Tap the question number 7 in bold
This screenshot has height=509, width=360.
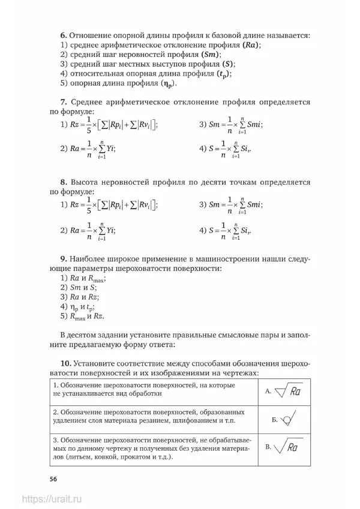click(63, 102)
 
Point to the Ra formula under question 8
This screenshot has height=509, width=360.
click(93, 230)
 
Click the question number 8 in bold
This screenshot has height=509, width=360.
click(63, 181)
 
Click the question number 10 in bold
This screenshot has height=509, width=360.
click(65, 363)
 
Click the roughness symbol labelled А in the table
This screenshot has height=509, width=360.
click(288, 391)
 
